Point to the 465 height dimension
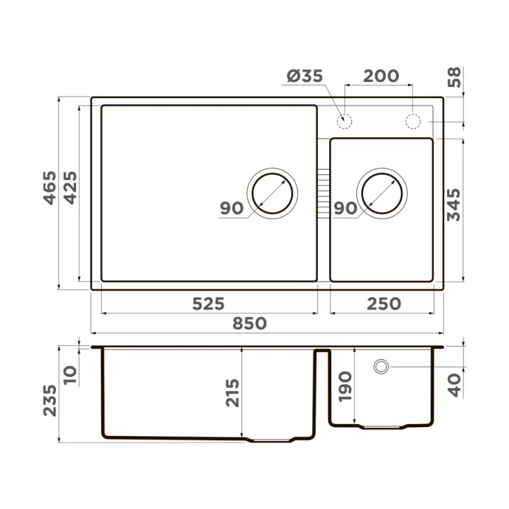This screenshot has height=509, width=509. click(49, 187)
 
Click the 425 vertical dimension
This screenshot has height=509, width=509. click(69, 187)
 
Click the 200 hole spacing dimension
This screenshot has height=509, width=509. click(381, 76)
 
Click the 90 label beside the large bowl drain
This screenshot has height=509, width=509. click(232, 209)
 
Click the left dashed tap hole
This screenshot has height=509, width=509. click(344, 120)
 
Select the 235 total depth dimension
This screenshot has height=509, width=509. click(49, 399)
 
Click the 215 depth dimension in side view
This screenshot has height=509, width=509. click(232, 395)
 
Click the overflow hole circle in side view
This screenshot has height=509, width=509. click(381, 367)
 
